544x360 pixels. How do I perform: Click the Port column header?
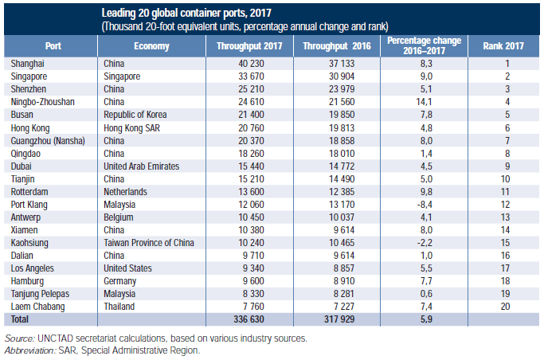[x=53, y=45]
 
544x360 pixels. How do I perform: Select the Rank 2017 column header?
[x=503, y=45]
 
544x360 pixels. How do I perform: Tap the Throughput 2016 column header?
[x=337, y=45]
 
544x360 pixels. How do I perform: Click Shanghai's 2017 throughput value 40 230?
[x=251, y=64]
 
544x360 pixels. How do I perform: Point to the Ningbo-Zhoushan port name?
[x=42, y=102]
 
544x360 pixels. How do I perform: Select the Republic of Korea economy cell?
[x=135, y=115]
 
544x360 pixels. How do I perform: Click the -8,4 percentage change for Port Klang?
[x=425, y=205]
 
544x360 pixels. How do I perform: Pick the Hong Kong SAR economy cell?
[x=131, y=128]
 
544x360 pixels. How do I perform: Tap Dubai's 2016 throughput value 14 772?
[x=342, y=166]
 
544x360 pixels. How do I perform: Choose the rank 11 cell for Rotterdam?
[x=505, y=192]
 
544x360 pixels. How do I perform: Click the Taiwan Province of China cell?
[x=148, y=243]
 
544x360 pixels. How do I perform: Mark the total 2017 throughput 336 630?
[x=249, y=319]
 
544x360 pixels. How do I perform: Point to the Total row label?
[x=19, y=319]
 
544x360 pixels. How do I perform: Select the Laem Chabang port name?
[x=37, y=307]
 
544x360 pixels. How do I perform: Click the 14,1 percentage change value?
[x=426, y=102]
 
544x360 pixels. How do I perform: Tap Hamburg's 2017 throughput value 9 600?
[x=253, y=281]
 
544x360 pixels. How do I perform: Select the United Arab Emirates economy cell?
[x=141, y=166]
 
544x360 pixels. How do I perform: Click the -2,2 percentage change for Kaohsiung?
[x=425, y=243]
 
